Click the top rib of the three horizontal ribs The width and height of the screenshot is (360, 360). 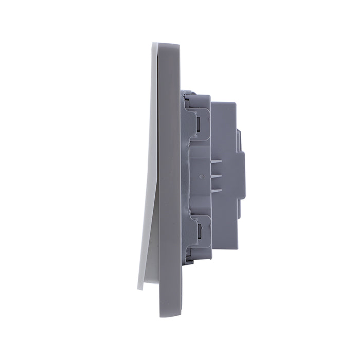tap(217, 161)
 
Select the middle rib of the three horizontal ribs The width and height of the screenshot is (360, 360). tap(217, 176)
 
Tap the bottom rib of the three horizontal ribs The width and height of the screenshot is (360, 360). tap(217, 191)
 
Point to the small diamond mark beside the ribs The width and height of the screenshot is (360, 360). tap(201, 176)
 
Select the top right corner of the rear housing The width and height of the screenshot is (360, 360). tap(236, 103)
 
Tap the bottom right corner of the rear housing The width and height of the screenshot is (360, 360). tap(236, 249)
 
